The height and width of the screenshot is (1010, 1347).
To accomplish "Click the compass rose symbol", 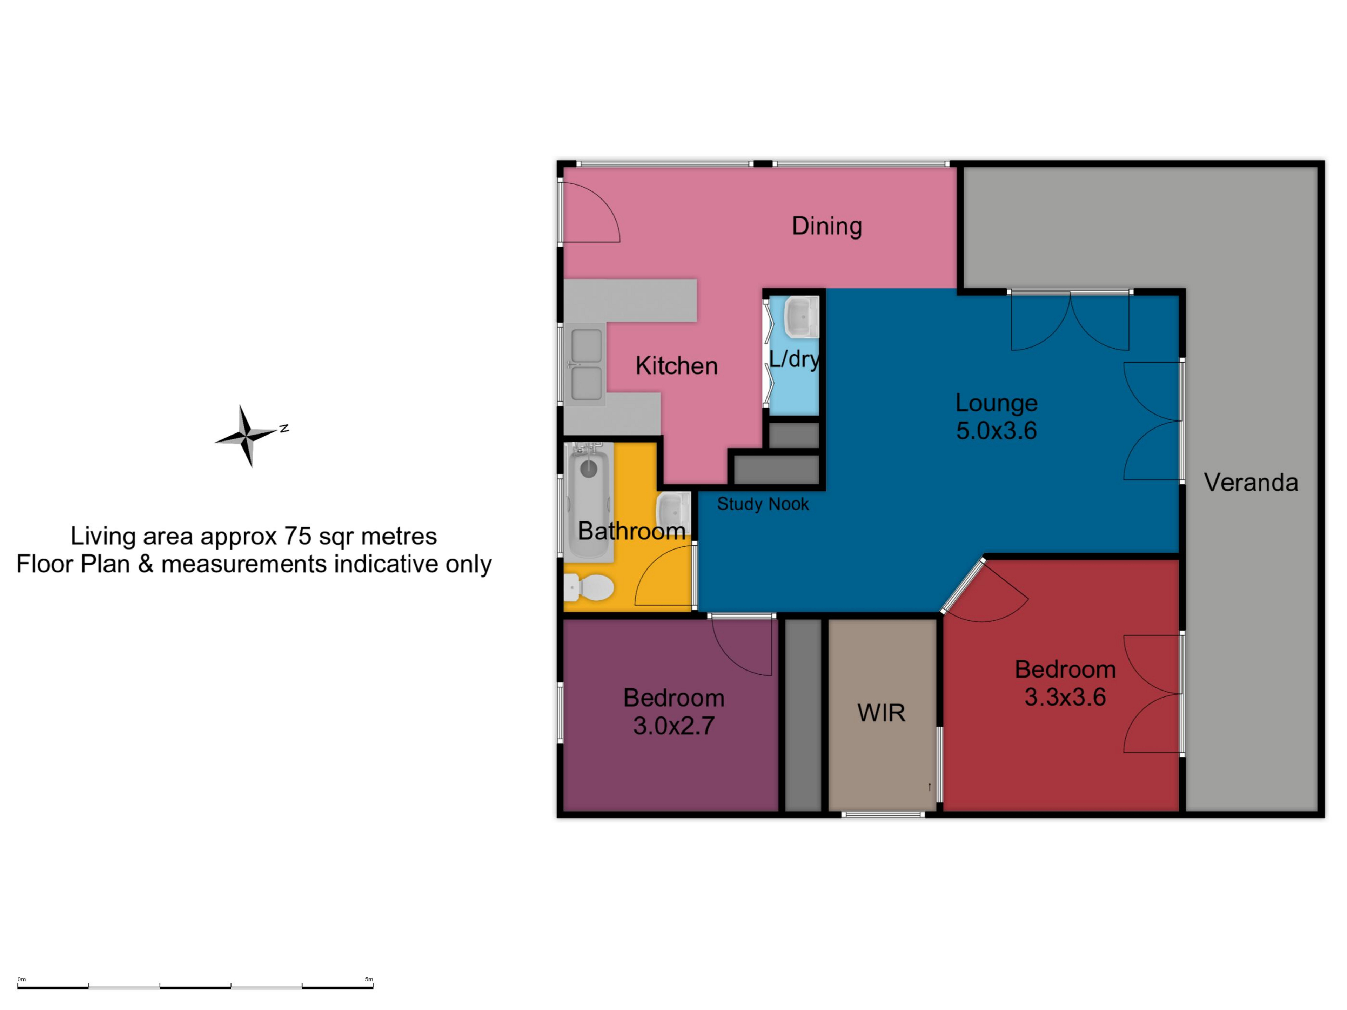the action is [x=247, y=436].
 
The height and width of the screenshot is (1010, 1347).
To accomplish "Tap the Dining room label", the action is [x=826, y=226].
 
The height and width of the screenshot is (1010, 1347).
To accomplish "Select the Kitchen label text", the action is [x=677, y=365].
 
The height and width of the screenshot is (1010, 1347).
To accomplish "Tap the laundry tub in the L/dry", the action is [x=802, y=317].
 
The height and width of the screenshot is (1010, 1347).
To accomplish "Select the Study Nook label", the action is [x=762, y=504].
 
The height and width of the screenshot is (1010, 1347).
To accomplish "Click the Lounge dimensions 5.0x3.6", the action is [x=996, y=430].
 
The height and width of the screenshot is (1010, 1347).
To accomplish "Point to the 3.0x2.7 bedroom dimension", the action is [x=673, y=726].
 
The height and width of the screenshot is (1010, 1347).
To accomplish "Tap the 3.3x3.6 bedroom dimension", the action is [x=1065, y=697].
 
